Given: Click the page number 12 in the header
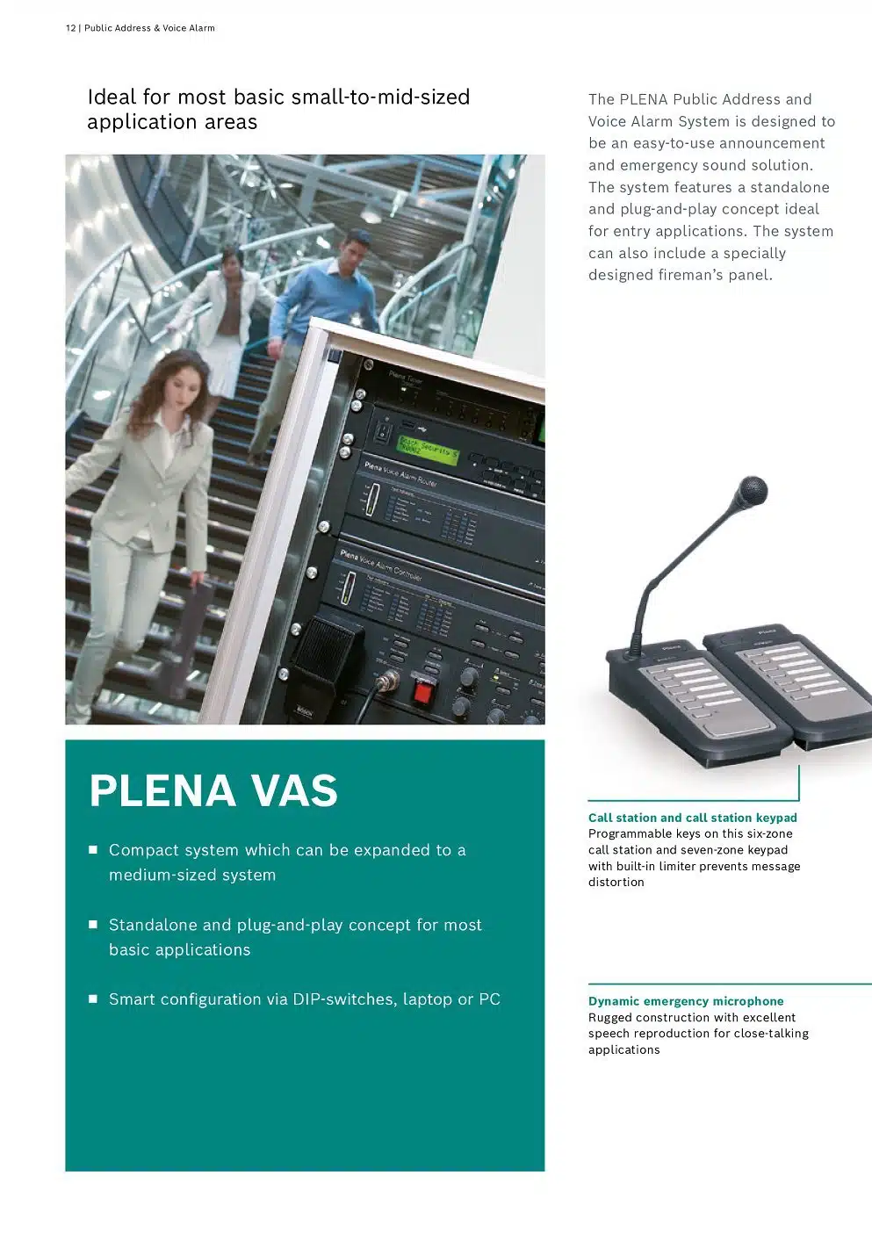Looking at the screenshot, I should tap(70, 28).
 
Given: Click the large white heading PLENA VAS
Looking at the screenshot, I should tap(213, 790).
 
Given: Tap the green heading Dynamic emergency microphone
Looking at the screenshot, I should tap(686, 1001).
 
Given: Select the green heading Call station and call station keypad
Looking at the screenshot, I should tap(692, 818).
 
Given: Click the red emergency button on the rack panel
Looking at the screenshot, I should tap(423, 692).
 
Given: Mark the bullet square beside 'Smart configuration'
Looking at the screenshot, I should tap(93, 999).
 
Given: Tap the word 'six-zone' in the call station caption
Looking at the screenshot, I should tap(769, 833).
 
